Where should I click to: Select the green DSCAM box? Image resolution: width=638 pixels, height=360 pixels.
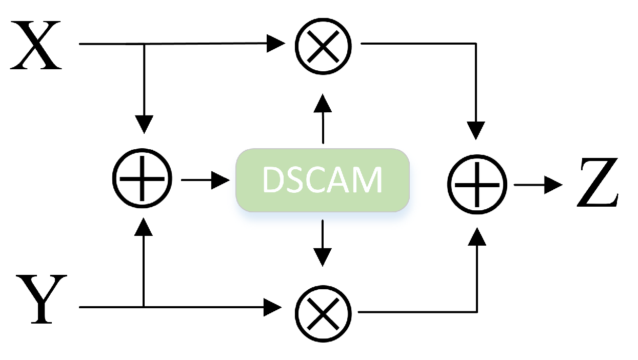pyautogui.click(x=322, y=179)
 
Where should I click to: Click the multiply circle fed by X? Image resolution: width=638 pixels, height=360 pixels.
pyautogui.click(x=323, y=45)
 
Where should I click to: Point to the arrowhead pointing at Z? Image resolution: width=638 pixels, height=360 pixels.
pyautogui.click(x=554, y=184)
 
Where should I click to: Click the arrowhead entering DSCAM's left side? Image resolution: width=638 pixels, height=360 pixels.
pyautogui.click(x=222, y=180)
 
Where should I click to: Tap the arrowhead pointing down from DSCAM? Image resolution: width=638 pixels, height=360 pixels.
pyautogui.click(x=323, y=256)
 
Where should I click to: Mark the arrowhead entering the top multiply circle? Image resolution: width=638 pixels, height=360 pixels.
pyautogui.click(x=276, y=44)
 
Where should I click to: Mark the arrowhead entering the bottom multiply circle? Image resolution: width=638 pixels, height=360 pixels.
pyautogui.click(x=274, y=308)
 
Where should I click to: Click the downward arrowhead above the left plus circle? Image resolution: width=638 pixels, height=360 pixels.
pyautogui.click(x=144, y=125)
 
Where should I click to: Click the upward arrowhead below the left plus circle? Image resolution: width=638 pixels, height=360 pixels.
pyautogui.click(x=144, y=226)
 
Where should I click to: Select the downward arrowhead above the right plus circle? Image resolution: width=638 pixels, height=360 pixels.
pyautogui.click(x=477, y=130)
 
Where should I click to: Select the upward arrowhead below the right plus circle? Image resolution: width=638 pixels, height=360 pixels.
pyautogui.click(x=477, y=236)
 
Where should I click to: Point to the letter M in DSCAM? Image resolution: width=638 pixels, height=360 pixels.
pyautogui.click(x=369, y=180)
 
